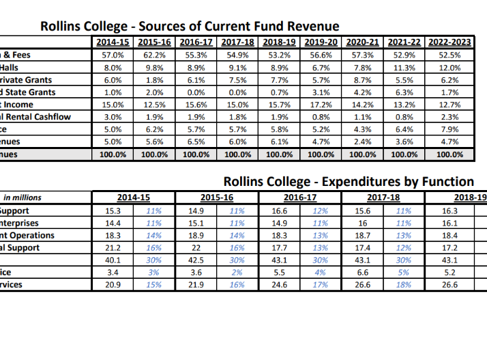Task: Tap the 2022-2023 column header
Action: coord(450,42)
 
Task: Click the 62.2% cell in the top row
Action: coord(155,55)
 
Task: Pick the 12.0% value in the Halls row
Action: coord(450,67)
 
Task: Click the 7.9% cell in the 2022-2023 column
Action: coord(450,129)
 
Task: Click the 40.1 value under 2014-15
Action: coord(113,260)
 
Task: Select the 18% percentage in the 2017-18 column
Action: coord(404,285)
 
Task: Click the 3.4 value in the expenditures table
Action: coord(113,273)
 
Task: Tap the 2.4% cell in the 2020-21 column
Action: coord(364,142)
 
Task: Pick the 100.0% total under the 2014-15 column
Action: coord(113,154)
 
